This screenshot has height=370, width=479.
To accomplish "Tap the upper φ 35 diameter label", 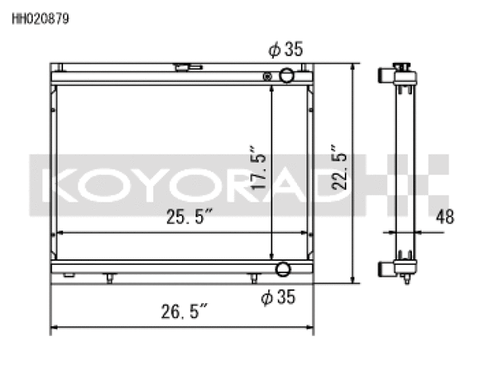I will tap(285, 50).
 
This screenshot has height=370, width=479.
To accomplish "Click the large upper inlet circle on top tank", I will tap(286, 77).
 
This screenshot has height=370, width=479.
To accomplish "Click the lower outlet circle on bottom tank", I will tap(283, 269).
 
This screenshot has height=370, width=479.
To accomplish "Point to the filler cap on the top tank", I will tap(186, 68).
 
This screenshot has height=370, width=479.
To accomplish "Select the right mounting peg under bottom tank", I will tap(253, 278).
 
